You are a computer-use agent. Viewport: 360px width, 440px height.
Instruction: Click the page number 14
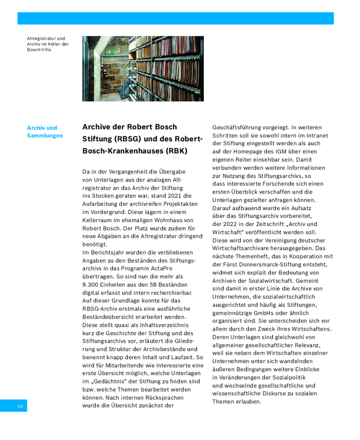tap(20, 406)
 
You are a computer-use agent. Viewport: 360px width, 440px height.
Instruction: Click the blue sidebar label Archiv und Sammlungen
tap(45, 131)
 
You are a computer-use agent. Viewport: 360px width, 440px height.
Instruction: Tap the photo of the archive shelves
tap(143, 69)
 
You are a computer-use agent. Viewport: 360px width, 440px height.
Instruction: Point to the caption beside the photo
tap(48, 44)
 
